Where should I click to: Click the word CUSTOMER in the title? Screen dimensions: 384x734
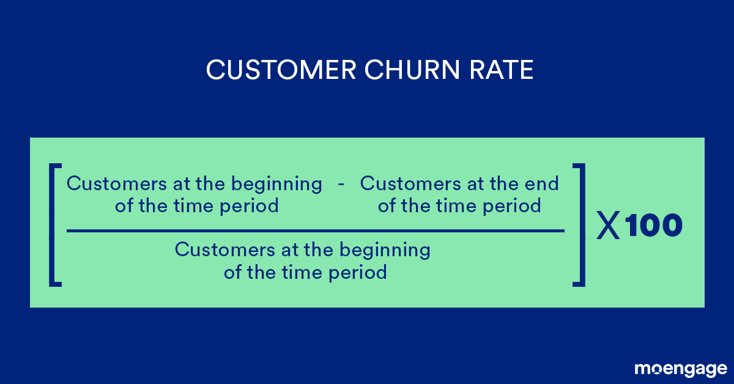pos(281,70)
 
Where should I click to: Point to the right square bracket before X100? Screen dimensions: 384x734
pos(579,225)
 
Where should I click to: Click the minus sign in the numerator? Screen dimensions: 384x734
pos(341,183)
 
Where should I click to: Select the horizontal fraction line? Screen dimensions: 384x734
pos(315,231)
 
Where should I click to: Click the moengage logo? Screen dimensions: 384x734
pos(681,369)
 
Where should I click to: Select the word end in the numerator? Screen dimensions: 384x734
pos(544,183)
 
